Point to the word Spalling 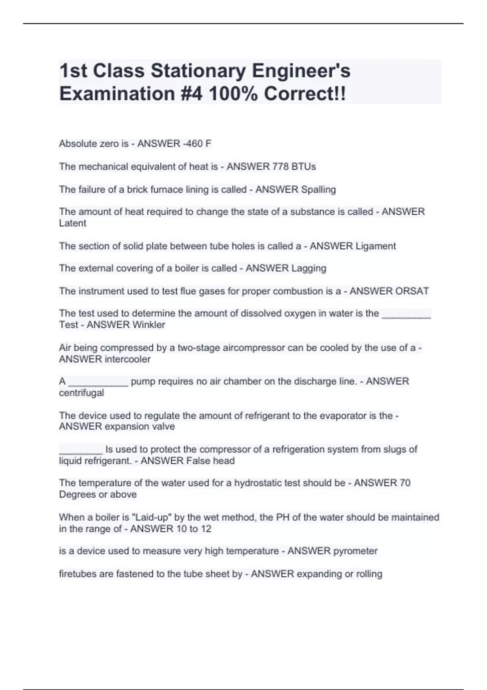(318, 190)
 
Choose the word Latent (73, 223)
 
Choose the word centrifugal (82, 393)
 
